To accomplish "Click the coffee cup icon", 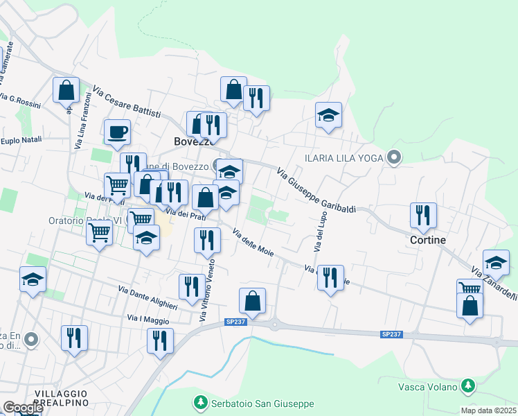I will point(117,130).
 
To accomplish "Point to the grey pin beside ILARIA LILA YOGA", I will point(394,157).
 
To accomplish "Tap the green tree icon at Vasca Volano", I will point(468,385).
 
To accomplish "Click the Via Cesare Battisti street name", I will point(126,102).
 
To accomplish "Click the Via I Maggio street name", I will point(148,319).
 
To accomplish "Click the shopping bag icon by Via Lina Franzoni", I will point(66,89).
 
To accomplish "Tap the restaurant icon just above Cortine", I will point(422,215).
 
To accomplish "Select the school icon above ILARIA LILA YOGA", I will point(328,114).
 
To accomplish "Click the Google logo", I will point(22,408).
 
